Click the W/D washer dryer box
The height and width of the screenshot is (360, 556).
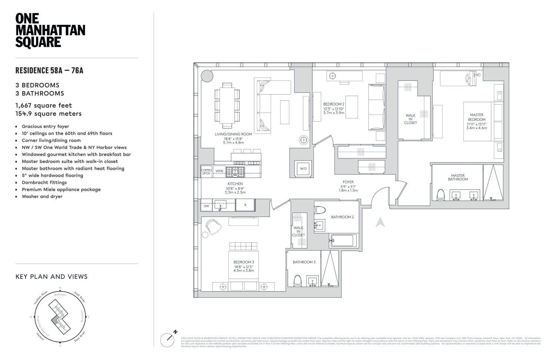pyautogui.click(x=303, y=169)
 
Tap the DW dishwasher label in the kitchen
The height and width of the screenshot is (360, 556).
pyautogui.click(x=206, y=206)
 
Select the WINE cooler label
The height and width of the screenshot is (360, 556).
pyautogui.click(x=219, y=171)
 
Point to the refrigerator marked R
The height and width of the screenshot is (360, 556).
pyautogui.click(x=245, y=205)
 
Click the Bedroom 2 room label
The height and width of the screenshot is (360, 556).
pyautogui.click(x=334, y=104)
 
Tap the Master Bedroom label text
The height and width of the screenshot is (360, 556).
pyautogui.click(x=476, y=117)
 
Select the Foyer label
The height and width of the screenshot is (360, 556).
pyautogui.click(x=348, y=182)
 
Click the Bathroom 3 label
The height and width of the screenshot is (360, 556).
pyautogui.click(x=304, y=262)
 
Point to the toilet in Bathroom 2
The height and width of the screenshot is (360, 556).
pyautogui.click(x=320, y=210)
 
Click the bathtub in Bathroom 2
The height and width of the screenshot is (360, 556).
pyautogui.click(x=343, y=240)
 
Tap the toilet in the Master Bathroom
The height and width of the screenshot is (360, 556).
pyautogui.click(x=441, y=195)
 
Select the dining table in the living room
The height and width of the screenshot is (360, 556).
pyautogui.click(x=227, y=105)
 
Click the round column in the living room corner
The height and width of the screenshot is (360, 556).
pyautogui.click(x=207, y=76)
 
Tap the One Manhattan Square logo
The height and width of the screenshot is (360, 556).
pyautogui.click(x=50, y=30)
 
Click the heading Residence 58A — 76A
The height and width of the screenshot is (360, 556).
pyautogui.click(x=49, y=70)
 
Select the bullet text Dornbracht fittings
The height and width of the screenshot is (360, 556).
pyautogui.click(x=44, y=182)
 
